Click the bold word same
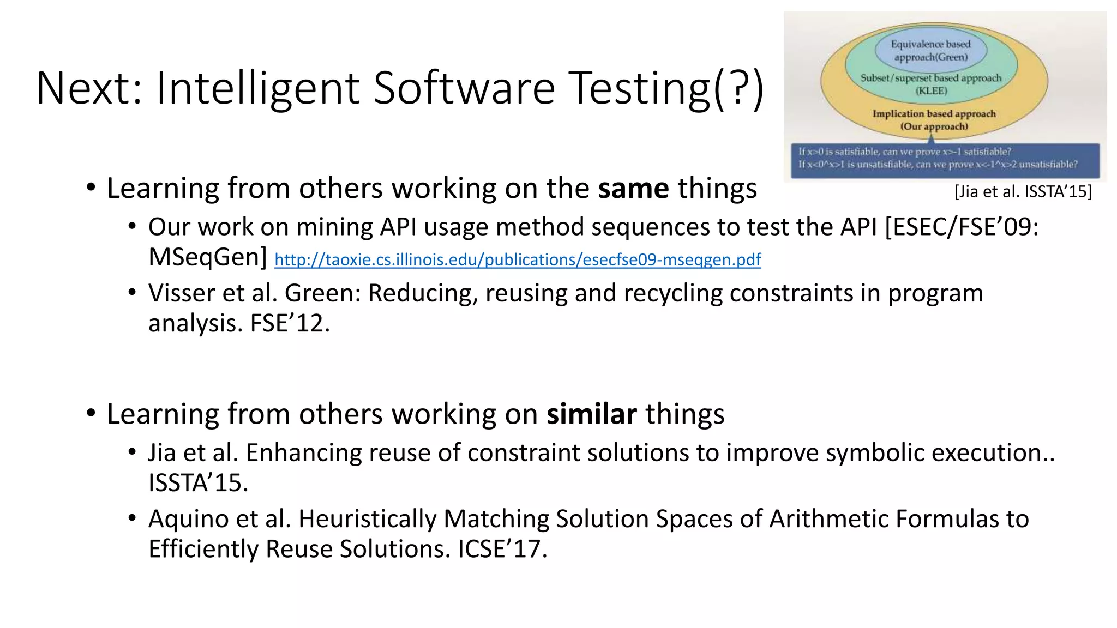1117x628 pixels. tap(633, 189)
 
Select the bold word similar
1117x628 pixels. tap(592, 414)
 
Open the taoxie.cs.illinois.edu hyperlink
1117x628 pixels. tap(518, 260)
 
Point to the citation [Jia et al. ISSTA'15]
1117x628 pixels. tap(1023, 192)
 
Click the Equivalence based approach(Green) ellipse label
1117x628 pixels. tap(930, 51)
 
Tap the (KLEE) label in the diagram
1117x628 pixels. tap(931, 91)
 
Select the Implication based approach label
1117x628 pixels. tap(934, 114)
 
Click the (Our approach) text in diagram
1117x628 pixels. tap(934, 126)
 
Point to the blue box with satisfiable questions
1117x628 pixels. tap(945, 159)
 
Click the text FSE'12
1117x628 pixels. tap(290, 323)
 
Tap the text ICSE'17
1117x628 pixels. tap(502, 549)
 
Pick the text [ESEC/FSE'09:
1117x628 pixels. tap(962, 227)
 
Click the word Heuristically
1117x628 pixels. tap(367, 519)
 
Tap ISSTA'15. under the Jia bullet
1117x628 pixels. tap(198, 483)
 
